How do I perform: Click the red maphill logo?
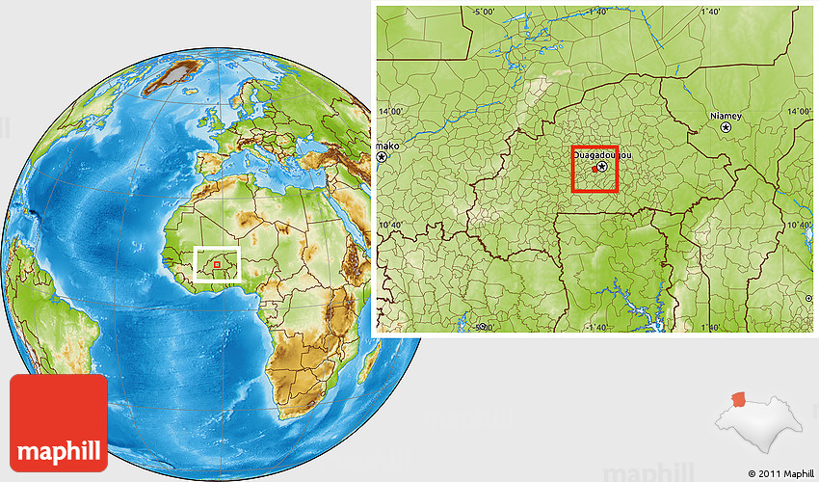[x=59, y=423]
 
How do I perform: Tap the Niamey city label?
[x=726, y=115]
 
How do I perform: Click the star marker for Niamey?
[x=727, y=126]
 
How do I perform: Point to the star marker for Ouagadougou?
[x=602, y=166]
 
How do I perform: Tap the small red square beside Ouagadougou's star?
[x=594, y=170]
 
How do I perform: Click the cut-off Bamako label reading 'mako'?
[x=386, y=146]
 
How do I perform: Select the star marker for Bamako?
[x=383, y=156]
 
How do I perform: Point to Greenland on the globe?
[x=174, y=76]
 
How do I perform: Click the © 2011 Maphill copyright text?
[x=779, y=473]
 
